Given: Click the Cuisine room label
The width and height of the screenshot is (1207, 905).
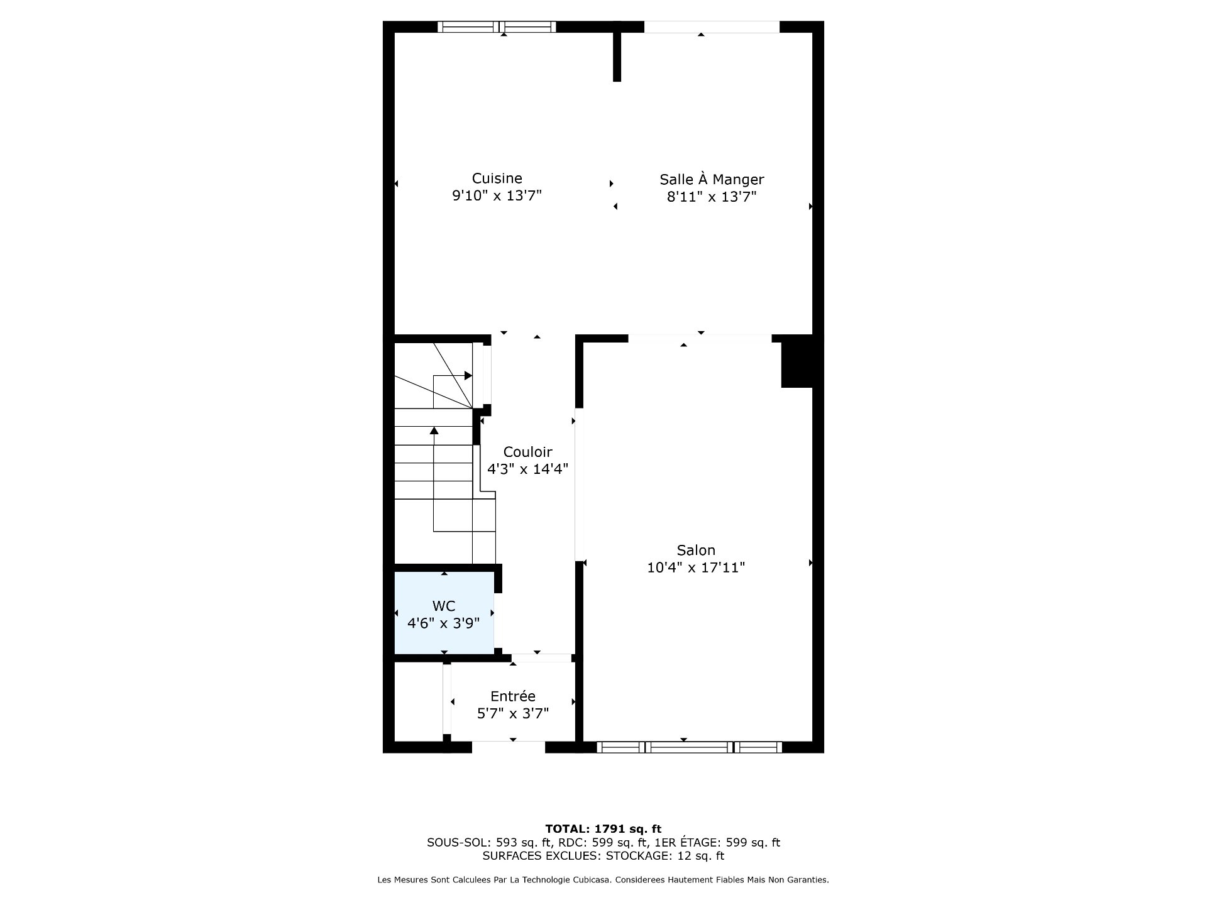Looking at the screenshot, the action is click(x=497, y=178).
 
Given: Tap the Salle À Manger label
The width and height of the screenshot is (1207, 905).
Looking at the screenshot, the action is click(x=712, y=179).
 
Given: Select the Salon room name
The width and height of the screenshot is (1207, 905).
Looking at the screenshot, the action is click(x=696, y=550).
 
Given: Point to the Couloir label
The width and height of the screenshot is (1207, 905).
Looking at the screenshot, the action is click(x=527, y=452).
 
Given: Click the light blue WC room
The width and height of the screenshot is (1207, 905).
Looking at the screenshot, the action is click(x=444, y=613).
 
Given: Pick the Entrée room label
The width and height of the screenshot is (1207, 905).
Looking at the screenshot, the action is click(x=513, y=696).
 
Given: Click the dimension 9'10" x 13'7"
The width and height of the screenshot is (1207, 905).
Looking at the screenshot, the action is click(x=497, y=196).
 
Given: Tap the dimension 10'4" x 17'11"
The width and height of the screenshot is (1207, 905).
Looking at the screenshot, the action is click(x=696, y=568).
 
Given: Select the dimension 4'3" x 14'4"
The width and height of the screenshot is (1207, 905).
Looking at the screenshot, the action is click(x=527, y=469).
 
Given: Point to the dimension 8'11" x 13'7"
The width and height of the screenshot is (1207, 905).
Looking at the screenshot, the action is click(x=712, y=197).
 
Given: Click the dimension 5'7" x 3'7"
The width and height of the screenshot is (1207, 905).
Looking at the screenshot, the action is click(x=513, y=713).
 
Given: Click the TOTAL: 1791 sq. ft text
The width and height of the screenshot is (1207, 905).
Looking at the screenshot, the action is click(x=603, y=829).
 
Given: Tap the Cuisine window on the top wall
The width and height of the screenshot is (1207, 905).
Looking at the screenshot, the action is click(x=497, y=26).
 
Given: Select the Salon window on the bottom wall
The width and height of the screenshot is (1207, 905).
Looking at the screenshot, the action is click(x=689, y=747).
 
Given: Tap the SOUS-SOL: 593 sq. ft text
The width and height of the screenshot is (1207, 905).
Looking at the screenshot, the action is click(x=489, y=843).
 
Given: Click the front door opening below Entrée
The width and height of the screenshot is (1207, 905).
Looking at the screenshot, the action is click(x=508, y=747).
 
